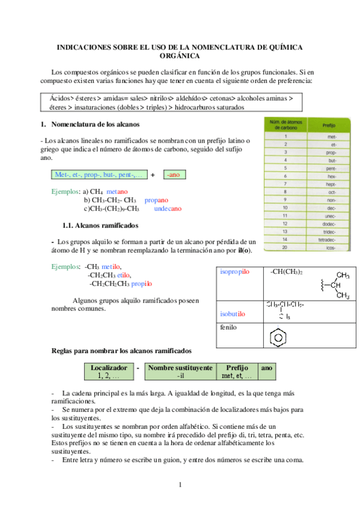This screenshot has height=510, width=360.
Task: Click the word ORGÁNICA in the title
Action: click(179, 55)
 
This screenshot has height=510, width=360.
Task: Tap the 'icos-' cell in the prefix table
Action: click(331, 247)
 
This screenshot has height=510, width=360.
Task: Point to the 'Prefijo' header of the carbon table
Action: click(329, 126)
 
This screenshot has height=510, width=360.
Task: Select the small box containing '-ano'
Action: click(175, 174)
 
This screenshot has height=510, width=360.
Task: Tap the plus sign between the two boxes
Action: click(153, 174)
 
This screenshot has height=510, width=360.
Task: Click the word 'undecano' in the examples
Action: click(168, 209)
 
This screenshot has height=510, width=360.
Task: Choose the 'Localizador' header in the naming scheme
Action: click(108, 367)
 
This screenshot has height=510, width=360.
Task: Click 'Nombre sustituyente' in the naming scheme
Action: click(180, 367)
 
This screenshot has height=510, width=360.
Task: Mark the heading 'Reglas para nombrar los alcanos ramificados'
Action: click(122, 349)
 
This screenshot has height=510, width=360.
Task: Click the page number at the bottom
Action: click(179, 484)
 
